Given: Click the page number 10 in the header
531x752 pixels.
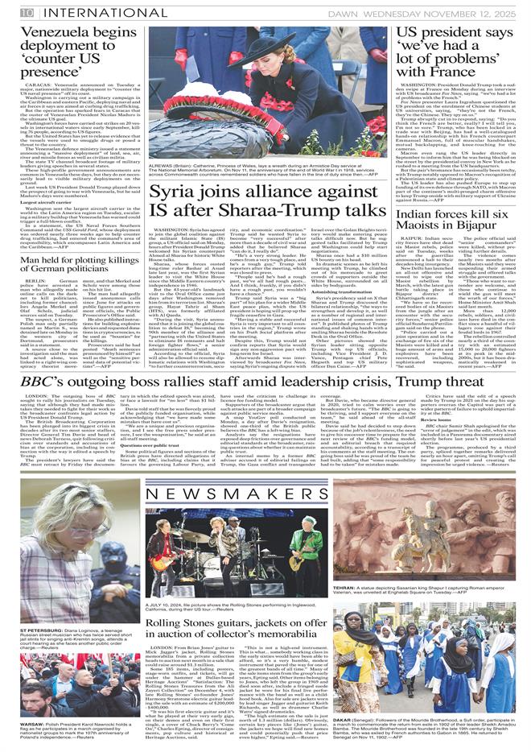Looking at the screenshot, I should (27, 11).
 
